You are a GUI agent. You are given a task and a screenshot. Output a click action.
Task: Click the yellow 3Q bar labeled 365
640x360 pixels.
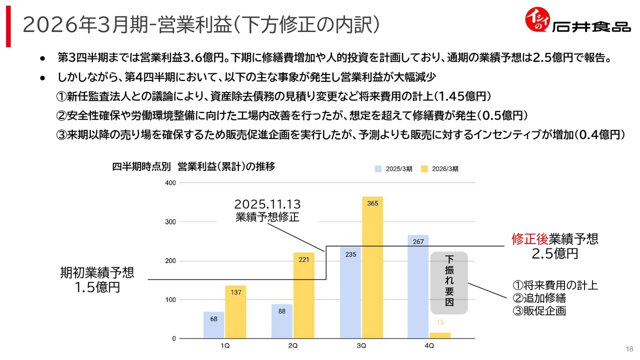point(372,267)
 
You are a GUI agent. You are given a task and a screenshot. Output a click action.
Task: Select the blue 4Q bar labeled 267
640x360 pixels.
point(418,286)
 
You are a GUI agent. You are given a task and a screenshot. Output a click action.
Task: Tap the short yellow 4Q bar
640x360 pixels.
point(440,335)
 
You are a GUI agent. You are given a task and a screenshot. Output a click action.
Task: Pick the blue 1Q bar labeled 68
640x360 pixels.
point(213,325)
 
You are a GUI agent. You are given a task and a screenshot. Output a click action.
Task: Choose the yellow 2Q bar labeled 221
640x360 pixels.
point(303,295)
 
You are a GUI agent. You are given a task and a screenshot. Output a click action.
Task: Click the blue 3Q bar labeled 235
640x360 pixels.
point(350,293)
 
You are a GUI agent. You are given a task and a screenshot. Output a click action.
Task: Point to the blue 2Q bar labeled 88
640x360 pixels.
point(282,321)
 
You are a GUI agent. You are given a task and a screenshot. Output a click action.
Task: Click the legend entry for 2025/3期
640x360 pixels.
point(393,169)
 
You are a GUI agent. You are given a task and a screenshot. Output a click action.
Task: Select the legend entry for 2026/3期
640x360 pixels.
point(439,169)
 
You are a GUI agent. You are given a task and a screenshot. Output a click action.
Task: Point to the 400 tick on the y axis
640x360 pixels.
point(170,183)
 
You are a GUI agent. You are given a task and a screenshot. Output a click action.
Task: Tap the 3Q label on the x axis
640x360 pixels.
point(361,345)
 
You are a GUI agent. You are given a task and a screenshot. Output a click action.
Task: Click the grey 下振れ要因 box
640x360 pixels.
point(449,283)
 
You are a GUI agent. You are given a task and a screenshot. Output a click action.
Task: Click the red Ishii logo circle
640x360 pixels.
point(537,19)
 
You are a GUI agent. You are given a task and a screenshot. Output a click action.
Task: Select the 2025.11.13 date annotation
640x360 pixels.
point(267,204)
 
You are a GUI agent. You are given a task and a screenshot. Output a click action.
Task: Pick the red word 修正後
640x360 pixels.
point(530,239)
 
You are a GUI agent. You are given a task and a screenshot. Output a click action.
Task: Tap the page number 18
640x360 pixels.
point(629,349)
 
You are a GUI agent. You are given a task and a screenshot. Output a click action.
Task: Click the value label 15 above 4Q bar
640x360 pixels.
point(440,322)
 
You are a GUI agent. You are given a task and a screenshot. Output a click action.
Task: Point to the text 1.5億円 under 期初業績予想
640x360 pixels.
point(97,287)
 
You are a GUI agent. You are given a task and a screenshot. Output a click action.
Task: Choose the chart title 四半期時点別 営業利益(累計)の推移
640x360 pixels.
point(193,166)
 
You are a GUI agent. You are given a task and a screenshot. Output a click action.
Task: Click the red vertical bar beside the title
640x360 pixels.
point(8,26)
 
